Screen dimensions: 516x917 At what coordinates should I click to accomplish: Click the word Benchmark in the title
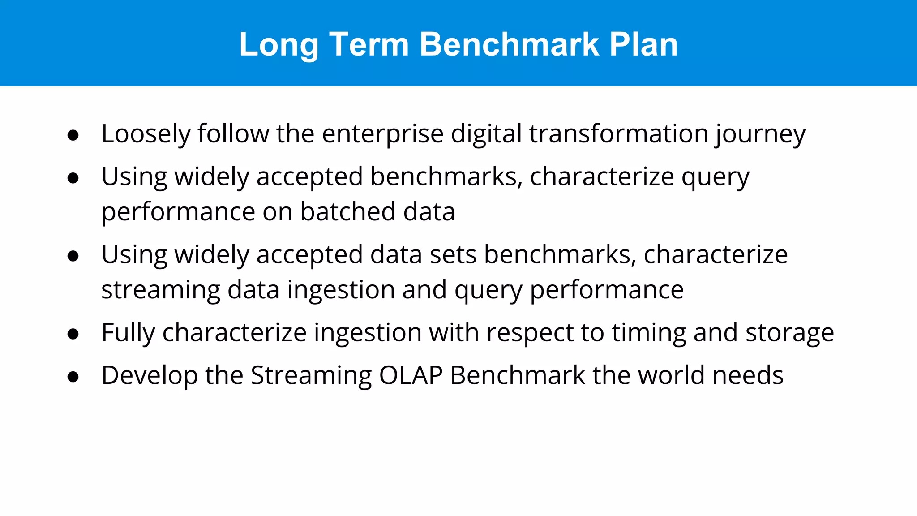(509, 44)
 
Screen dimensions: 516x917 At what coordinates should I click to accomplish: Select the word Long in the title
(278, 44)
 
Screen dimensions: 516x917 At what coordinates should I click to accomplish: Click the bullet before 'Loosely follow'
(73, 135)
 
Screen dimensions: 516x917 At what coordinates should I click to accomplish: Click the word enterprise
(382, 134)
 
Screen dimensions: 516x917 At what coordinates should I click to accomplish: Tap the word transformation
(618, 134)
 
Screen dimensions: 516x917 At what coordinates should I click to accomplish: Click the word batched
(347, 211)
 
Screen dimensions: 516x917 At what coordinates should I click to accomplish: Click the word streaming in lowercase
(161, 290)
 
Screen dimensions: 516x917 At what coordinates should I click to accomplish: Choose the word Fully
(128, 333)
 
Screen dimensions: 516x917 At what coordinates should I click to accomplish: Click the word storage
(789, 333)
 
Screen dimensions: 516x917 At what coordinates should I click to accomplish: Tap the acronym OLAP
(411, 375)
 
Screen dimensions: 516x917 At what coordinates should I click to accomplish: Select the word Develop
(150, 375)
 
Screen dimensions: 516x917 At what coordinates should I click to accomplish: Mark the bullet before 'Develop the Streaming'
(73, 377)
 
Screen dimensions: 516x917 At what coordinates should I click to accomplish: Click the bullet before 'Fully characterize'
(73, 334)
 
